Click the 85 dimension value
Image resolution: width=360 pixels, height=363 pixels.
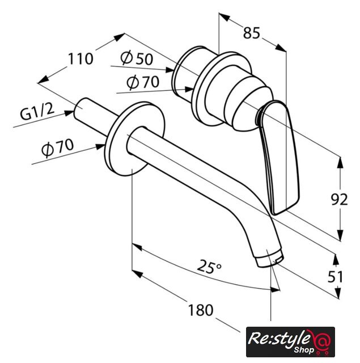pyautogui.click(x=252, y=33)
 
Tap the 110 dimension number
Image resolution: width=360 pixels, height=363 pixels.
pyautogui.click(x=81, y=59)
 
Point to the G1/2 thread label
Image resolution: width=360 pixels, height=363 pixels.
pyautogui.click(x=37, y=112)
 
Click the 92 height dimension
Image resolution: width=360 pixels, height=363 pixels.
pyautogui.click(x=340, y=199)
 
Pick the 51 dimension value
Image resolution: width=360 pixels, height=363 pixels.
pyautogui.click(x=335, y=277)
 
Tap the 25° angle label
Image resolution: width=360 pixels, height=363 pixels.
pyautogui.click(x=209, y=266)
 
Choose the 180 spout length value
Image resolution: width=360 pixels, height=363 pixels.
pyautogui.click(x=200, y=310)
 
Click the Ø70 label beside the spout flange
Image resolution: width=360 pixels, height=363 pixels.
pyautogui.click(x=58, y=147)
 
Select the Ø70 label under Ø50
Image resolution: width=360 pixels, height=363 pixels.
pyautogui.click(x=143, y=82)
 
